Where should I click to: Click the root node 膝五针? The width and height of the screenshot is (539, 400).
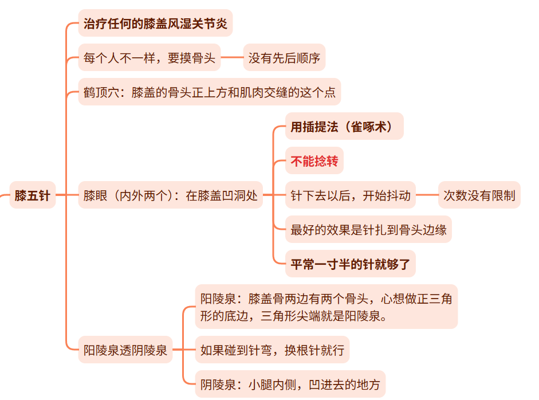tap(33, 195)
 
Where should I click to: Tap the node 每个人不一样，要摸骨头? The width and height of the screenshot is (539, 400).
tap(149, 58)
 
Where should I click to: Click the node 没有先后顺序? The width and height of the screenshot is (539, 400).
tap(284, 58)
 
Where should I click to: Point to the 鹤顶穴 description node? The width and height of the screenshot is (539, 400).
tap(210, 92)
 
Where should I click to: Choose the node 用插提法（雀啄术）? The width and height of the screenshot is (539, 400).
tap(344, 127)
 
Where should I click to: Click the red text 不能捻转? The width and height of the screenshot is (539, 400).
tap(314, 161)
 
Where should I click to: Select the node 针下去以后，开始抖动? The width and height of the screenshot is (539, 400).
tap(351, 195)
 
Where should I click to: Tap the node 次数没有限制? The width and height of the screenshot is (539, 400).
tap(479, 195)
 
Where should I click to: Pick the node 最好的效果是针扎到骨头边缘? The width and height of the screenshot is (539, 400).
tap(368, 230)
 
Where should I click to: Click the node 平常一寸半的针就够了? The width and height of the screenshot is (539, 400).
tap(350, 264)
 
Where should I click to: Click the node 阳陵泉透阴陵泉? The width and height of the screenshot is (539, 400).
tap(125, 350)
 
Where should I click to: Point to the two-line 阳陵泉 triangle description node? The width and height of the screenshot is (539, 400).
tap(326, 307)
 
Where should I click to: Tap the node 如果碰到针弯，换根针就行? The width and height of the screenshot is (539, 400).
tap(272, 350)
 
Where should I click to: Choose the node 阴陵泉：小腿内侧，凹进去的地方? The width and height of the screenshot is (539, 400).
tap(290, 384)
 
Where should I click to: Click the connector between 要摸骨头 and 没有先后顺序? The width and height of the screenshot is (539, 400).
tap(232, 58)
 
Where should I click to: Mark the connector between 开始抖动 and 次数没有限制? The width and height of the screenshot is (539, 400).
tap(427, 195)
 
